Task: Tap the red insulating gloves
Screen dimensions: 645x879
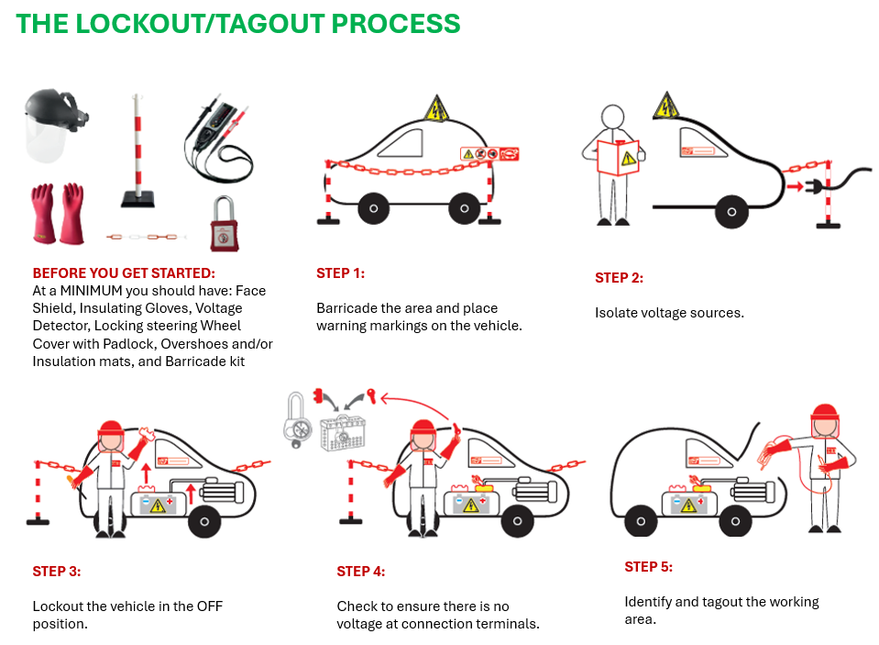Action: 57,215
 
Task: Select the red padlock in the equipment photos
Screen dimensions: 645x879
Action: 220,224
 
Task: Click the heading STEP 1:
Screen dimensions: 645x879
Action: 340,273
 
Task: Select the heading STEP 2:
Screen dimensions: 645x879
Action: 619,278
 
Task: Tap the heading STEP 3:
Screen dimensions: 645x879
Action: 57,572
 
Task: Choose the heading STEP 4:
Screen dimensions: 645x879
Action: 361,572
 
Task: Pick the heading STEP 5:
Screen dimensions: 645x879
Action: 649,567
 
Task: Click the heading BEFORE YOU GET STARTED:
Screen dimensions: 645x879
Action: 124,273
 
